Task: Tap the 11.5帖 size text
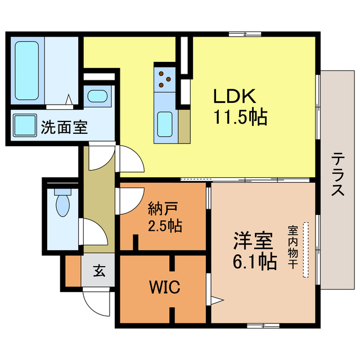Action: tap(239, 117)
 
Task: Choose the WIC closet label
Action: tap(164, 288)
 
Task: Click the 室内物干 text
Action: tap(293, 247)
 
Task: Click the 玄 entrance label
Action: tap(99, 271)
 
